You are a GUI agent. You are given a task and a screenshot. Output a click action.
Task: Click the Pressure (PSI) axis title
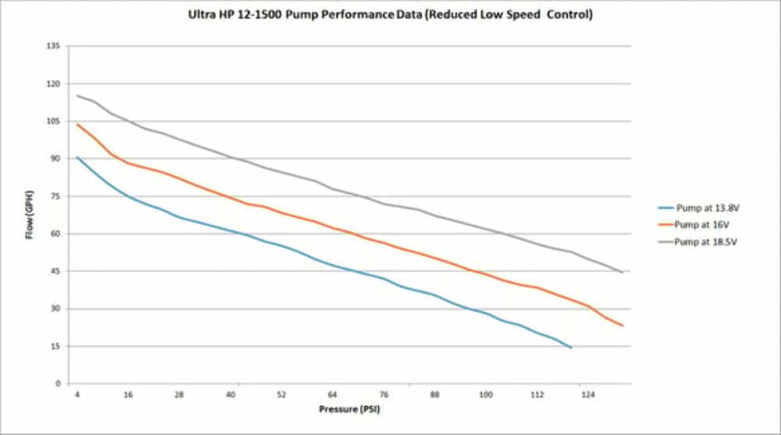coord(349,409)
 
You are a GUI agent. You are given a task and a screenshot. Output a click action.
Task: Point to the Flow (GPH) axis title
coord(30,214)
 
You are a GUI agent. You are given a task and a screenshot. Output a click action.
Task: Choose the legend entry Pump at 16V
coord(702,225)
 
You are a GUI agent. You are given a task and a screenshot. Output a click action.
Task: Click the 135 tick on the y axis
coord(55,46)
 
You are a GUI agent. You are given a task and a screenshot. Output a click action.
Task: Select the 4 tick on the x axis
coord(77,395)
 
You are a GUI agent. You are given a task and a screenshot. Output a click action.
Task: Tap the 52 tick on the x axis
coord(281,395)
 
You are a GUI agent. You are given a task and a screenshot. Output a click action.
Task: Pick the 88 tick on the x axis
coord(435,395)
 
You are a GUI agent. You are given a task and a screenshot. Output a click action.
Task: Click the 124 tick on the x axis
coord(588,395)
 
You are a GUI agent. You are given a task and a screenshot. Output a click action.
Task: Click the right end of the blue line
coord(572,348)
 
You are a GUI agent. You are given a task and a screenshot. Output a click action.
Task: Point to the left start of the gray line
coord(77,96)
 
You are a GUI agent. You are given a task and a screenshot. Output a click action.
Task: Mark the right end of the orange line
coord(622,325)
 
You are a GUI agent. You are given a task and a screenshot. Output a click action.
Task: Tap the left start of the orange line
coord(77,124)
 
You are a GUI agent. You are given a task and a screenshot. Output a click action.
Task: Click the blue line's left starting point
coord(77,158)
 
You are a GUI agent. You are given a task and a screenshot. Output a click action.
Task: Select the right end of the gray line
coord(622,273)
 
